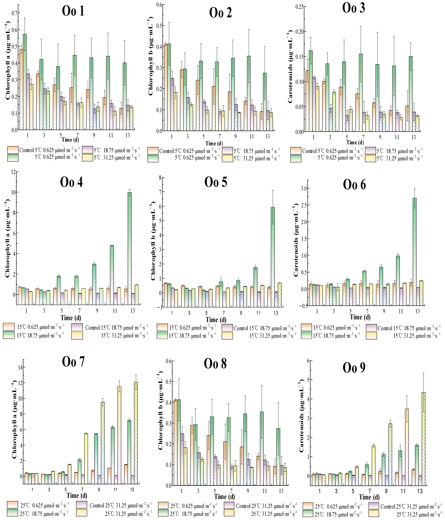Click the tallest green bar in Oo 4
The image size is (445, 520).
click(x=130, y=244)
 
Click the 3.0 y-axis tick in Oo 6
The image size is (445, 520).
click(x=304, y=188)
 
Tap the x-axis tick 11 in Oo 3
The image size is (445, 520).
click(x=397, y=137)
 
